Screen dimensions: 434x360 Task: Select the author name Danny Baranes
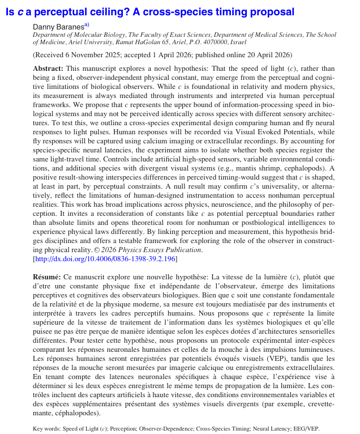point(58,26)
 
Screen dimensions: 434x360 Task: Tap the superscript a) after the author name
point(87,24)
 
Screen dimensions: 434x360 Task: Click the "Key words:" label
point(47,429)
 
